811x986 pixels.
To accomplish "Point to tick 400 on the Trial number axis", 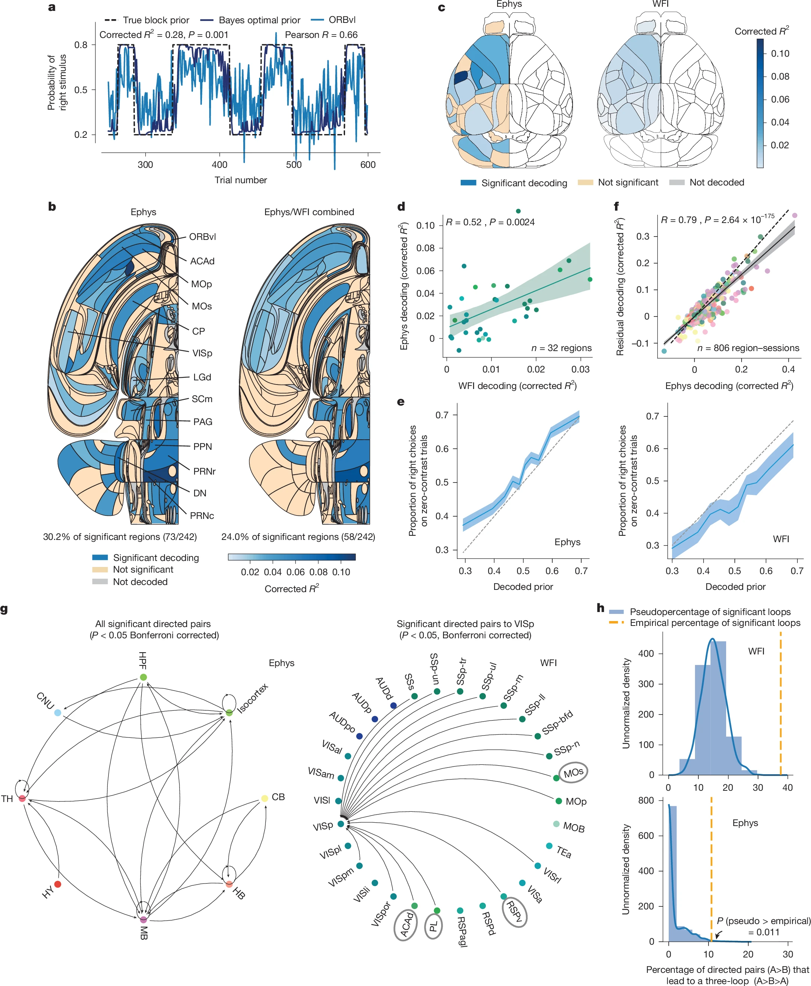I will [x=220, y=164].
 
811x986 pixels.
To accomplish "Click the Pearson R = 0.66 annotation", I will [x=321, y=35].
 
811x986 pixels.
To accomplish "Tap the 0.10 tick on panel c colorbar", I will [x=780, y=54].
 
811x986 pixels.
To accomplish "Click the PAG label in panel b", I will [x=203, y=422].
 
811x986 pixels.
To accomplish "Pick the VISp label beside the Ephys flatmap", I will [x=202, y=353].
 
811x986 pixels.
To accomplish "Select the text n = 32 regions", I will [x=561, y=348].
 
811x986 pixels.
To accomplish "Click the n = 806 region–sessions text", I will [x=748, y=348].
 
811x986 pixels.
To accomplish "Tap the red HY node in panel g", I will [x=57, y=884].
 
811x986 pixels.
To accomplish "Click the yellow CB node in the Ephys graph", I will [x=264, y=798].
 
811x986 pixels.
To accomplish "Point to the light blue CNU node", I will [x=57, y=713].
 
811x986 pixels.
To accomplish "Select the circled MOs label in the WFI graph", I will [x=573, y=773].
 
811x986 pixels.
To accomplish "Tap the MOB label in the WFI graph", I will [x=574, y=827].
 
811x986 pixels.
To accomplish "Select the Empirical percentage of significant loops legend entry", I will [x=715, y=623].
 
